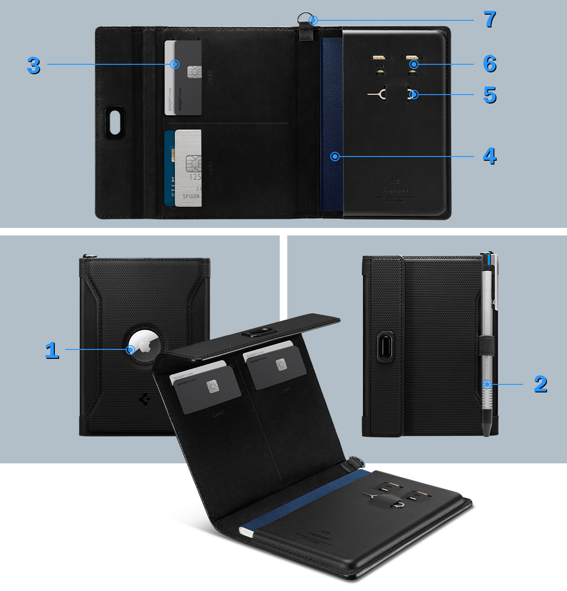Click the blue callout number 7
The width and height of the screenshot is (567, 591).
point(490,19)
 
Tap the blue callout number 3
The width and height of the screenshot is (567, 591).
point(33,65)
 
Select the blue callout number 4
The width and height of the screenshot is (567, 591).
point(490,156)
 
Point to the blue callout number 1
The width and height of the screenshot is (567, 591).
point(52,350)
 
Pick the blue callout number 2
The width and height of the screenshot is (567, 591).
point(541,384)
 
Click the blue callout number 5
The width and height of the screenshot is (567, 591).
point(490,95)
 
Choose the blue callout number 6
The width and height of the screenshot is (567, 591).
point(490,64)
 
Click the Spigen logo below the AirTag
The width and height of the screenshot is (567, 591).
point(145,399)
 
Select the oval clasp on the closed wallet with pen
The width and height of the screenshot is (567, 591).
point(386,347)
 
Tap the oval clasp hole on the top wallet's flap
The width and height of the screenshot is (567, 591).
point(115,122)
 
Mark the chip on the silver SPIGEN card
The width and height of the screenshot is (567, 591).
point(193,164)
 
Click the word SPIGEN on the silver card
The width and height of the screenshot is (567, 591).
point(191,196)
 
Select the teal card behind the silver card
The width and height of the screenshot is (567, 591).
point(169,168)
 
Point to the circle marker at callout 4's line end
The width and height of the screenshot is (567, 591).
point(335,156)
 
